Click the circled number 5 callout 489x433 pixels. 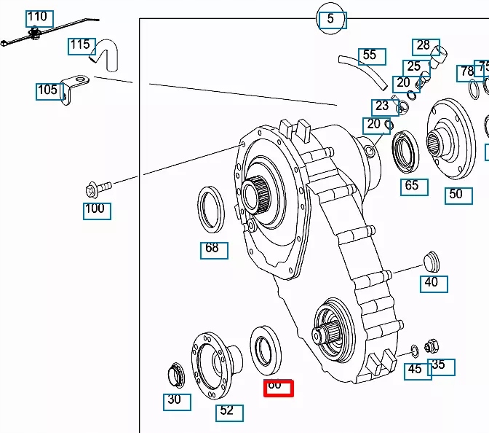click(x=331, y=19)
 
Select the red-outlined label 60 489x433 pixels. click(x=277, y=387)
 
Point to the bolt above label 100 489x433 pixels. click(x=97, y=188)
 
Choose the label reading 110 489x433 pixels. click(x=38, y=17)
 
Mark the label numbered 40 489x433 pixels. click(x=433, y=282)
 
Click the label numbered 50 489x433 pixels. click(x=458, y=195)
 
